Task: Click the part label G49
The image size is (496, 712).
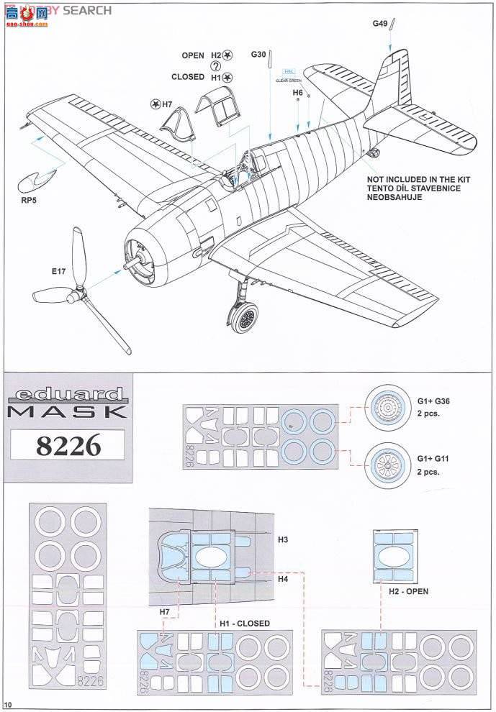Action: click(380, 24)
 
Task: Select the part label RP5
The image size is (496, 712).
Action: click(28, 201)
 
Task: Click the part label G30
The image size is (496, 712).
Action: click(259, 55)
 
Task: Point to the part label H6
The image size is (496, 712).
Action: click(297, 93)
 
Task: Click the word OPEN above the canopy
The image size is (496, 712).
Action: click(193, 55)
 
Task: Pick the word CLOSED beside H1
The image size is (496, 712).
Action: click(188, 77)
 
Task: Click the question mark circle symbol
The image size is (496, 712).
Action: click(216, 66)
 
